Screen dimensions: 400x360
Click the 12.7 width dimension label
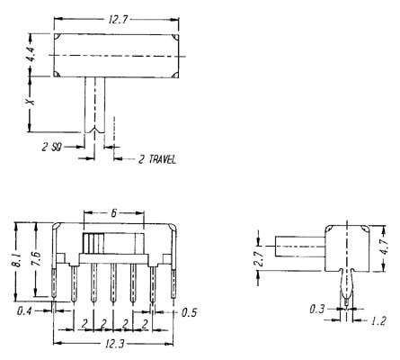coord(118,20)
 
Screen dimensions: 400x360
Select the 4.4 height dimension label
coord(31,55)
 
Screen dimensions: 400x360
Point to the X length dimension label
coord(30,102)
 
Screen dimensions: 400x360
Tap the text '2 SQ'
coord(52,147)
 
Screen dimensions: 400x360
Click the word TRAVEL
coord(163,159)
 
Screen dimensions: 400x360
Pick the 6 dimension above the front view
coord(114,213)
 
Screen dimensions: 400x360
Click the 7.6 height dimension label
coord(37,258)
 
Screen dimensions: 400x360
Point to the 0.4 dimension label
coord(24,311)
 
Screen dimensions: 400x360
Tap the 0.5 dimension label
coord(190,312)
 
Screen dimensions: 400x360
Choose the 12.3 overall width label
coord(114,343)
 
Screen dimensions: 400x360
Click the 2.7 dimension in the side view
coord(259,258)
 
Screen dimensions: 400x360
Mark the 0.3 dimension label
coord(317,309)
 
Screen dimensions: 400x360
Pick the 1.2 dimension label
coord(378,321)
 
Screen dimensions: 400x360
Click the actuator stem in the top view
coord(94,105)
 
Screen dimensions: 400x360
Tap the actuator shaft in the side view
coord(300,247)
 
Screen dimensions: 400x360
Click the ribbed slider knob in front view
coord(93,243)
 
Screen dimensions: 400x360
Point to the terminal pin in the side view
coord(347,287)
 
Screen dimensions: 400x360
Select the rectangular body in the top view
coord(116,56)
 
